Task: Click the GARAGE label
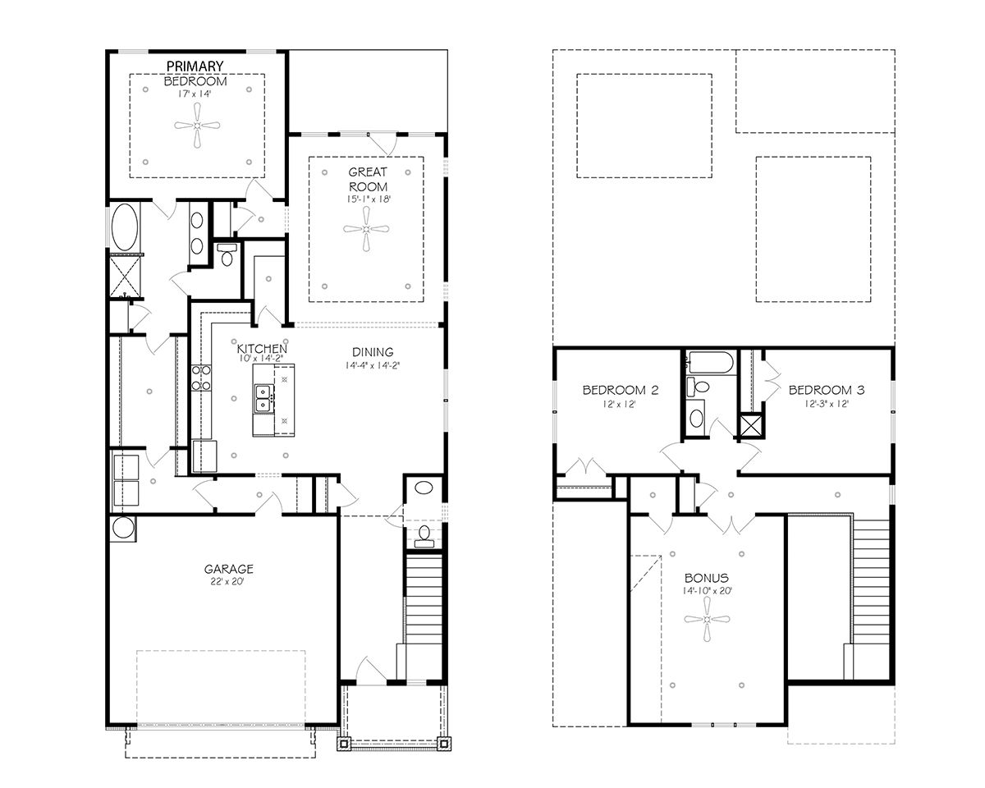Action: [228, 568]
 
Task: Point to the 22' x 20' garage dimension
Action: [228, 581]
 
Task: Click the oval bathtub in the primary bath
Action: [125, 227]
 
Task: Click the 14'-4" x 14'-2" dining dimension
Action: [373, 366]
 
